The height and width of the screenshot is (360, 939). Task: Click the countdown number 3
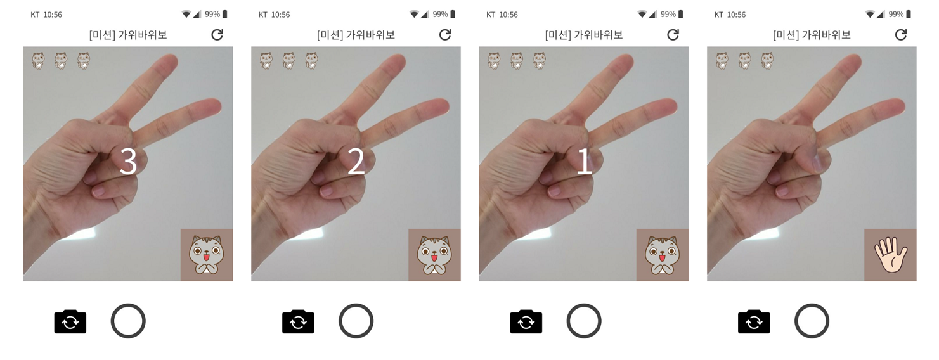click(128, 162)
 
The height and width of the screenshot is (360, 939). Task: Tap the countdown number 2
click(356, 162)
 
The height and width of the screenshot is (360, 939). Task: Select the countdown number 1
click(584, 162)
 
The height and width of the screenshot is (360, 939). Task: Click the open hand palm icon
click(890, 254)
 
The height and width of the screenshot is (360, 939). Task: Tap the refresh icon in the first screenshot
click(217, 34)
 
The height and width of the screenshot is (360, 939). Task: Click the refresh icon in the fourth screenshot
click(901, 34)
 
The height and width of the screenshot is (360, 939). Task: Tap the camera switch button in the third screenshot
click(526, 321)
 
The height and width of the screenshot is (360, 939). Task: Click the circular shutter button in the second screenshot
click(356, 321)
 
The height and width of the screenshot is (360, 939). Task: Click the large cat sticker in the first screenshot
click(207, 255)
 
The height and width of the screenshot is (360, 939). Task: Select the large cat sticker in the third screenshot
click(663, 255)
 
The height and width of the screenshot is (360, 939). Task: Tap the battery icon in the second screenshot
click(453, 14)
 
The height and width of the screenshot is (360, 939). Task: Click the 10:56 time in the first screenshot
click(53, 15)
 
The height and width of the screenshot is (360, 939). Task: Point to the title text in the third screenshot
click(584, 35)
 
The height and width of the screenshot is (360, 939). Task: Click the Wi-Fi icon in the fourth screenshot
click(870, 14)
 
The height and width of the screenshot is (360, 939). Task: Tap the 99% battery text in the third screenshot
click(668, 14)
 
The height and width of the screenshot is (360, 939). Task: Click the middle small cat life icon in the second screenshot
click(289, 61)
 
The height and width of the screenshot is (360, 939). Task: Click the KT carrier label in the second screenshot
click(263, 15)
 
